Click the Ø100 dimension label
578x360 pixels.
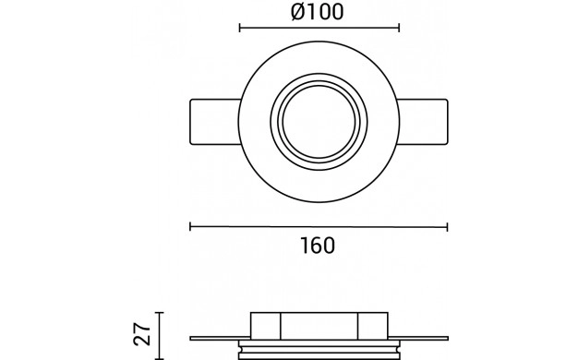click(318, 12)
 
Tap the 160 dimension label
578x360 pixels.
click(318, 246)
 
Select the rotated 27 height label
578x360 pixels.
click(142, 334)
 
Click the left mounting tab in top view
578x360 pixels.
click(214, 122)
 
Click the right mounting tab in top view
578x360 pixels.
click(423, 122)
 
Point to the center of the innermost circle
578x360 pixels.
click(319, 122)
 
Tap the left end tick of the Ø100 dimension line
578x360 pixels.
click(240, 28)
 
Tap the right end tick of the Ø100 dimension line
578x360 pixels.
click(399, 28)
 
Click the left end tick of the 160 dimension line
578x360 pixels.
click(190, 226)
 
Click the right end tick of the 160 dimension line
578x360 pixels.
click(447, 226)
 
